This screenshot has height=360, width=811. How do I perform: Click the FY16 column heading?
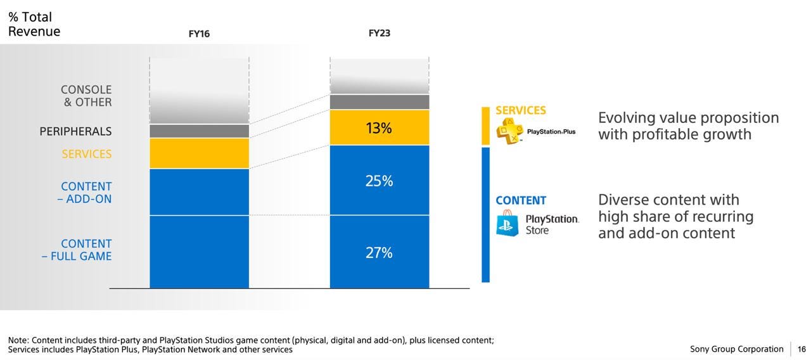(199, 34)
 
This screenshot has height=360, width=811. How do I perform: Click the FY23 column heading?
(380, 33)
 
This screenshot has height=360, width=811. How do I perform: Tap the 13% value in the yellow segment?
(379, 128)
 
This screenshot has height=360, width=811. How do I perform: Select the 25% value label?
(379, 181)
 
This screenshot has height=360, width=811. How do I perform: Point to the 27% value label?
(379, 253)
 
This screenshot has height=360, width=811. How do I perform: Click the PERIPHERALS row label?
(75, 132)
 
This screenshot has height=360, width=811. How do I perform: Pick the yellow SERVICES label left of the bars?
(86, 154)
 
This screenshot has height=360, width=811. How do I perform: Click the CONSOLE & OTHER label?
(86, 96)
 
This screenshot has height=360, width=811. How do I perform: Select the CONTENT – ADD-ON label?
(86, 193)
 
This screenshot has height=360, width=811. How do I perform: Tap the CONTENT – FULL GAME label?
(77, 250)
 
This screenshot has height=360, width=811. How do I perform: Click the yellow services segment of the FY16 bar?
(199, 153)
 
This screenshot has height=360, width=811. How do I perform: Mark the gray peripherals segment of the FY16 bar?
(199, 131)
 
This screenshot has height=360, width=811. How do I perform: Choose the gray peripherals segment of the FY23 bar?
(379, 102)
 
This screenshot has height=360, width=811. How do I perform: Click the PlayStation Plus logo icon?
(509, 131)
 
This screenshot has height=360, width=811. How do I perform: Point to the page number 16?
(801, 349)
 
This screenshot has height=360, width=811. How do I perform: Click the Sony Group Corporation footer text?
(736, 349)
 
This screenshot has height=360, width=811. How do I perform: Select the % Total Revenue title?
(34, 24)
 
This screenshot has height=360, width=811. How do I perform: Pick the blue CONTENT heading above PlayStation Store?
(521, 201)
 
